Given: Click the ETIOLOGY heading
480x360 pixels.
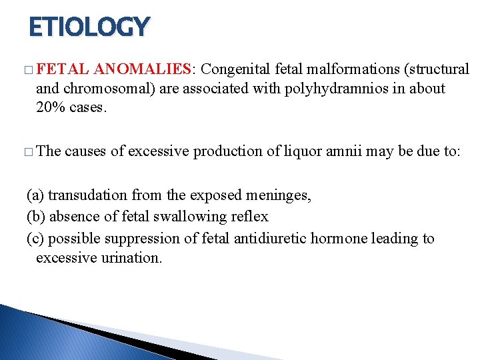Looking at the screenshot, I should point(89,27).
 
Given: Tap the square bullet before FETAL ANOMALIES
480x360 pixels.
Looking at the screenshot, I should point(27,70).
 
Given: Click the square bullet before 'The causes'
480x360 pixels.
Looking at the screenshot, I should point(27,152).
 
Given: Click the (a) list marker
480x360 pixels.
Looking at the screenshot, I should point(35,195).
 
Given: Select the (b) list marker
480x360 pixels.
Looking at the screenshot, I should point(35,217).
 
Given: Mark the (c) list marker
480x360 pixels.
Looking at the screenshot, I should point(35,238).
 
